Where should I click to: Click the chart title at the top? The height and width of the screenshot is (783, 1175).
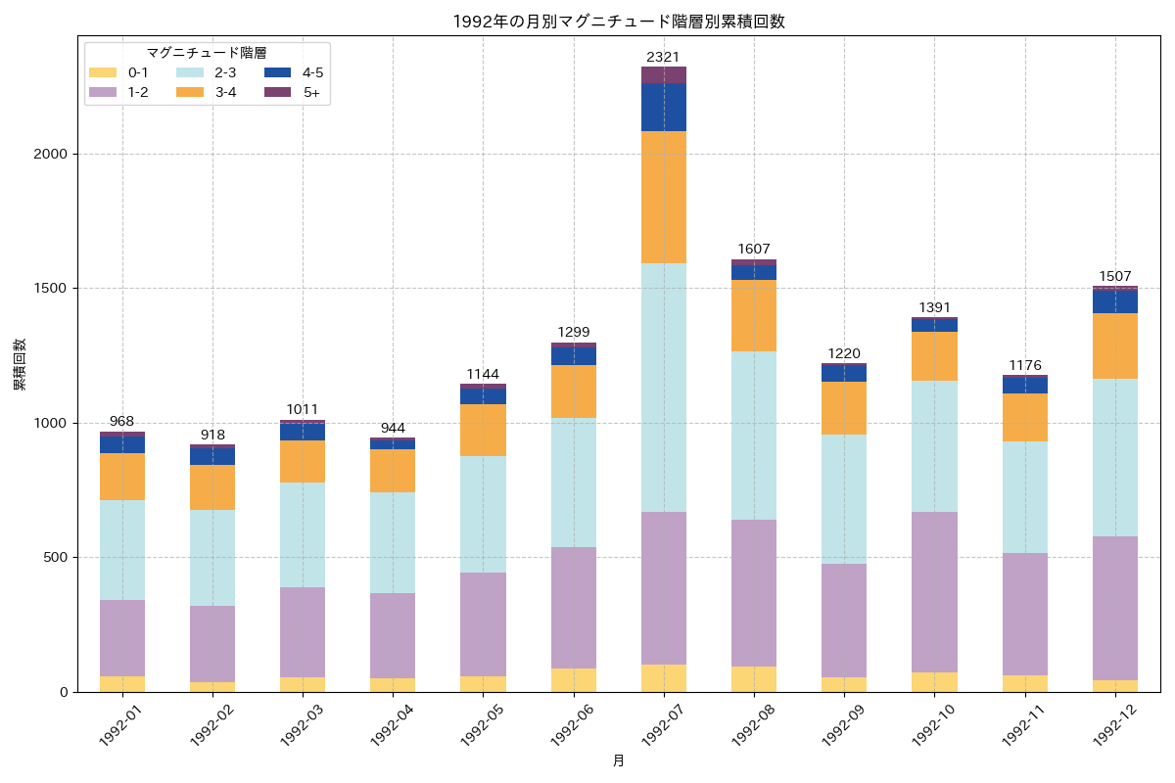point(619,22)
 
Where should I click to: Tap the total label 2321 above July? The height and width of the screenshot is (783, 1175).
point(663,57)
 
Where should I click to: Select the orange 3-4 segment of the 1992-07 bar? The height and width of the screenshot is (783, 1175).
point(663,197)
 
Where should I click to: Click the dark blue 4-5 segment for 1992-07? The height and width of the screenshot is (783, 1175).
point(663,107)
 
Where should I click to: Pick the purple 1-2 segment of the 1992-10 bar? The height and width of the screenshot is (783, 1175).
point(934,592)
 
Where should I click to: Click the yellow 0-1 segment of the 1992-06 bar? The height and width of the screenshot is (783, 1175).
point(573,680)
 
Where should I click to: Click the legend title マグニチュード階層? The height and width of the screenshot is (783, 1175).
point(207,53)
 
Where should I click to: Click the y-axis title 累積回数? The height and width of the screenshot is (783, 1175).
point(20,364)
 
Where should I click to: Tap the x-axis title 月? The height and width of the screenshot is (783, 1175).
point(619,760)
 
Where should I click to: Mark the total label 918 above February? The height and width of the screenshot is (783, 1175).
point(212,434)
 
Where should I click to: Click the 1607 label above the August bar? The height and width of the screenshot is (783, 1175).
point(754,249)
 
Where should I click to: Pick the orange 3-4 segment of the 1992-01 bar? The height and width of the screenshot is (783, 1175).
point(122,477)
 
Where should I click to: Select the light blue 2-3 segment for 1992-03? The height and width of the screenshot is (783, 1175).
point(303,534)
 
